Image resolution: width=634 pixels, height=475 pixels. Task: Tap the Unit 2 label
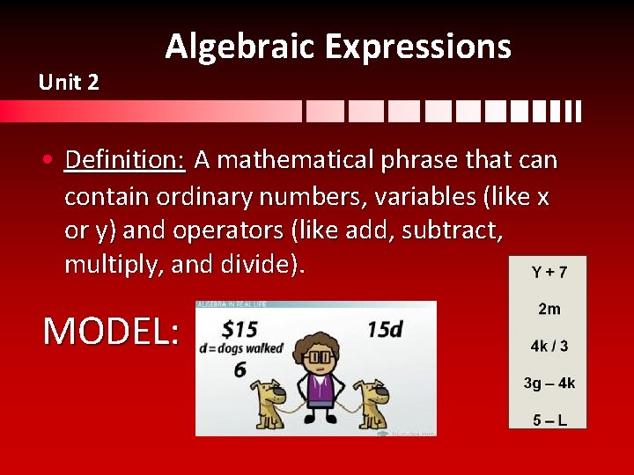(x=69, y=83)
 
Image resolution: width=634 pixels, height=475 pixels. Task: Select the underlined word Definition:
(x=124, y=160)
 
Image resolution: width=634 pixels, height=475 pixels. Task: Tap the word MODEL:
(x=111, y=332)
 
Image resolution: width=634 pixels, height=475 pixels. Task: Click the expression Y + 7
(x=549, y=273)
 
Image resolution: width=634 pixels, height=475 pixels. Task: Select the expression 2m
(x=549, y=309)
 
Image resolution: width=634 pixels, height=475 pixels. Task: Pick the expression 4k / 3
(x=549, y=346)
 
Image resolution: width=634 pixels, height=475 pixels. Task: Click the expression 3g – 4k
(x=549, y=383)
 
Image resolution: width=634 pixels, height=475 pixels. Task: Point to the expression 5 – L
(x=549, y=420)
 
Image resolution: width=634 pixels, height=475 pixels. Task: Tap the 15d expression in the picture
(x=385, y=328)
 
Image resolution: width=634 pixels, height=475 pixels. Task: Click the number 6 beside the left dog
(x=240, y=370)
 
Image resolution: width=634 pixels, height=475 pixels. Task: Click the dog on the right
(x=369, y=402)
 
